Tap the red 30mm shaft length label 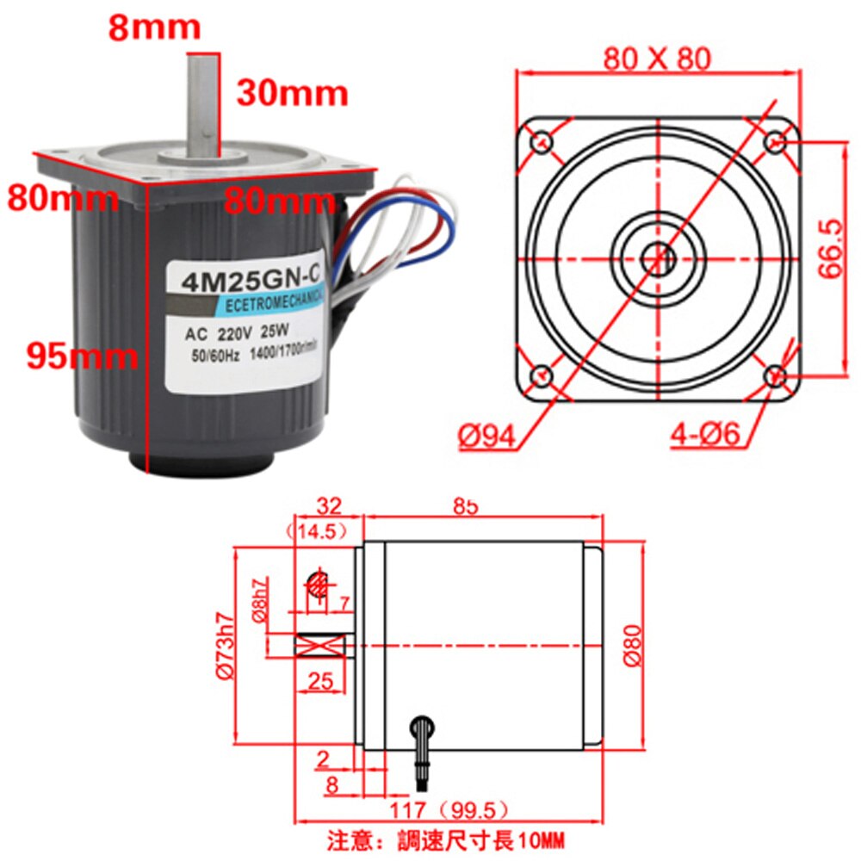click(x=292, y=92)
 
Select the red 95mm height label click(x=81, y=355)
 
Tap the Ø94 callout click(x=486, y=437)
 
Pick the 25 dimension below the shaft click(x=319, y=681)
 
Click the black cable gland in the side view click(x=423, y=740)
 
